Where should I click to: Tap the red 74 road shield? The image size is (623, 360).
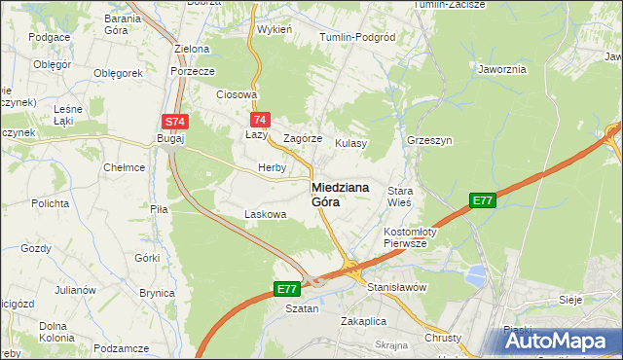[259, 120]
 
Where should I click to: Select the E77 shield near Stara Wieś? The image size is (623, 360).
[483, 200]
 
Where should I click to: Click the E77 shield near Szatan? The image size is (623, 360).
[286, 289]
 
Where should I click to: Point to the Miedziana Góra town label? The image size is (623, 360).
[340, 195]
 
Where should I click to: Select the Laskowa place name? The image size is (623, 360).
[266, 213]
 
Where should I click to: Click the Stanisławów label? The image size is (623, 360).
[397, 288]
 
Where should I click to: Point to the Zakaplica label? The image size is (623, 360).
[364, 320]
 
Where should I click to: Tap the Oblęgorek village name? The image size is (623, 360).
[119, 73]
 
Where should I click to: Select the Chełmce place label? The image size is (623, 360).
[125, 167]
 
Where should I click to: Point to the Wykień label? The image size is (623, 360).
[275, 29]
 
